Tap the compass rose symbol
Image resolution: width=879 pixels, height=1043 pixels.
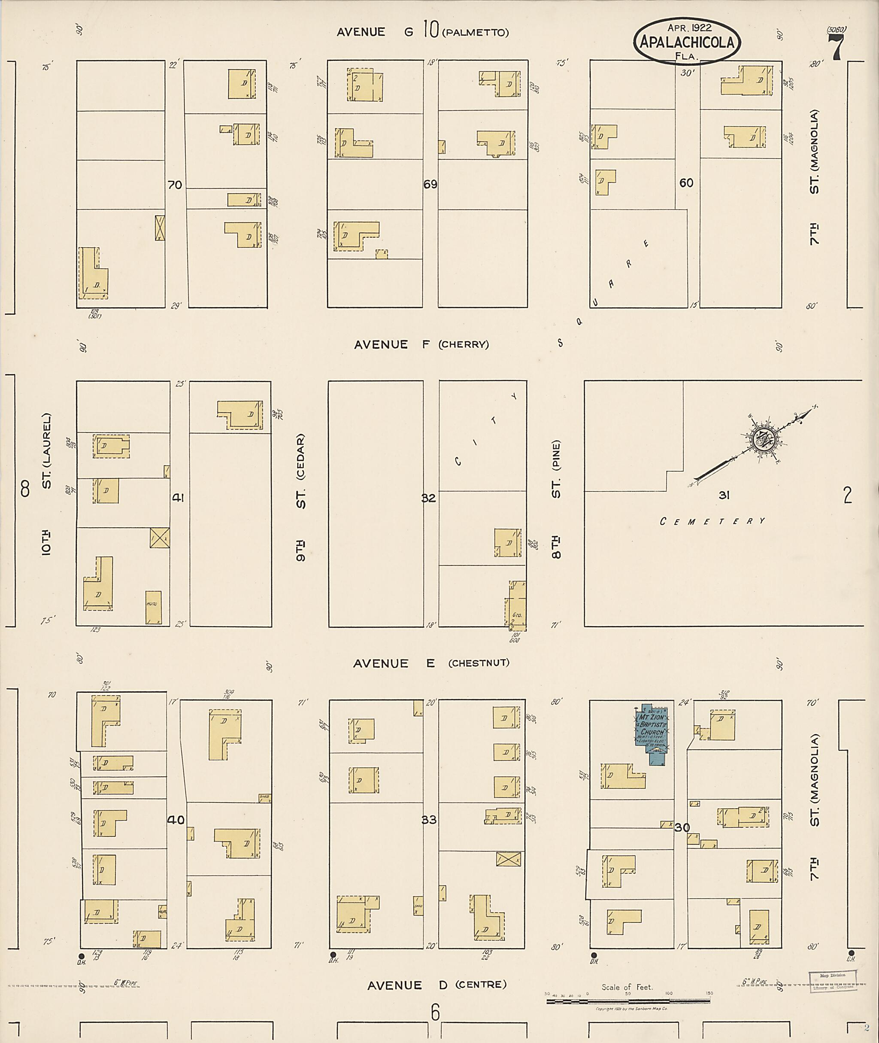coord(763,440)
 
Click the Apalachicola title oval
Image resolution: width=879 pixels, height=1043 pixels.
coord(687,43)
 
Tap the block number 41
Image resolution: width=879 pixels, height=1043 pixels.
coord(178,498)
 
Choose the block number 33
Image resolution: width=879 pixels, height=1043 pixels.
coord(429,820)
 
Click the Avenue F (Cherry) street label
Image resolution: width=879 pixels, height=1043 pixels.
coord(421,344)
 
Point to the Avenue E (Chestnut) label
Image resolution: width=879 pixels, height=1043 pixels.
coord(431,663)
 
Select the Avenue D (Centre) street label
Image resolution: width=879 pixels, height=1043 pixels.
coord(436,985)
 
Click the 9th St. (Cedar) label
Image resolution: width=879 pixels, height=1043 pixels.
coord(300,498)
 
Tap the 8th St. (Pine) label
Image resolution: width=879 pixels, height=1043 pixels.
coord(556,499)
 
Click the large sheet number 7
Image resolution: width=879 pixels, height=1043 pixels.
coord(836,47)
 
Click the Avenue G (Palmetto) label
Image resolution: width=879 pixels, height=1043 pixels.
coord(423,32)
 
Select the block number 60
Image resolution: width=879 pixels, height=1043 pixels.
coord(686,183)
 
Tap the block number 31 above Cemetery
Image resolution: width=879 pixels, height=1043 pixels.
coord(724,495)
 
